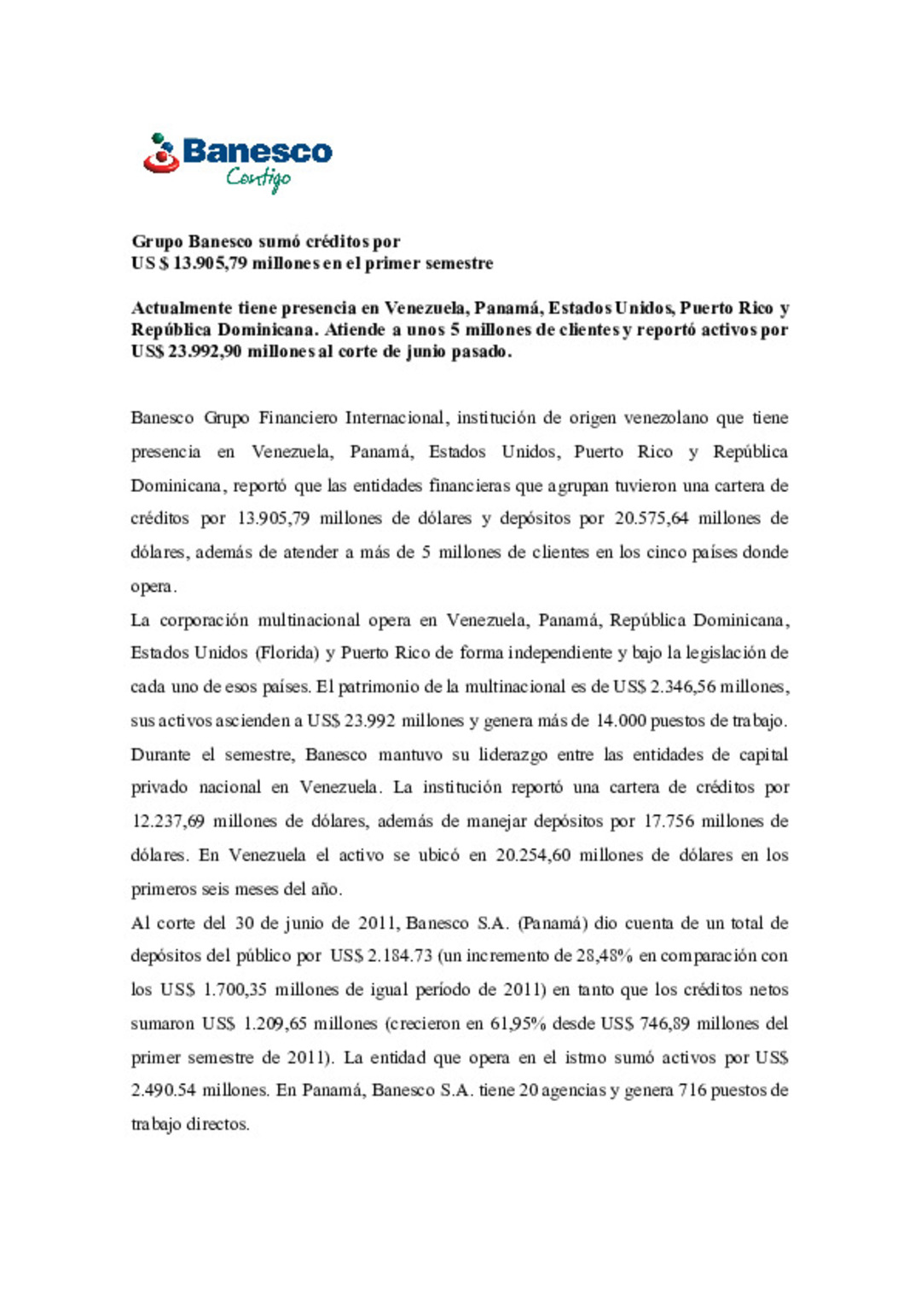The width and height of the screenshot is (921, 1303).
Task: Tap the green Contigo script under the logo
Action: [258, 177]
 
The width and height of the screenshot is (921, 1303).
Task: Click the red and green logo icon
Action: [160, 153]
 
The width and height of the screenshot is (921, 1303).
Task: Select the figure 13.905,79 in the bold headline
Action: [210, 263]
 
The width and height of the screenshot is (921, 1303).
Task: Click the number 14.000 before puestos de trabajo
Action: [621, 721]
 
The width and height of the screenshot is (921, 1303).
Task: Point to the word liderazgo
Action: [513, 755]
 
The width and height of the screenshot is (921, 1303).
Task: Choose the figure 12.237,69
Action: [168, 821]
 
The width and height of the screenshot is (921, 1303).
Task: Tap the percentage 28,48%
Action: [605, 956]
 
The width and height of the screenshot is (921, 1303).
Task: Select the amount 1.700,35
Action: [235, 990]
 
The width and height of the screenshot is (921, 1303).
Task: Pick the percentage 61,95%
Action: [518, 1023]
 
